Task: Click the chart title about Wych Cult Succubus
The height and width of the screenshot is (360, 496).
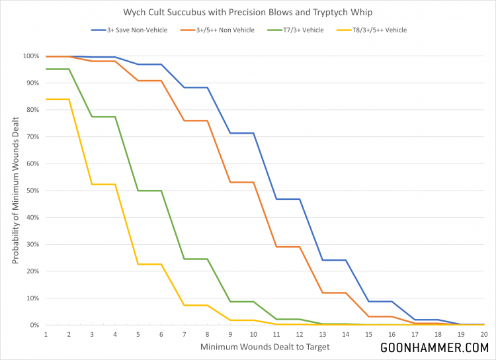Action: point(247,12)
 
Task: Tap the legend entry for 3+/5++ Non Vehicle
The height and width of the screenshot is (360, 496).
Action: point(228,30)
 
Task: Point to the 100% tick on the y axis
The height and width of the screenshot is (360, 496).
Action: point(31,56)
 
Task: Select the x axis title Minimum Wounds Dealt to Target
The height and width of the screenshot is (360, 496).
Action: point(265,346)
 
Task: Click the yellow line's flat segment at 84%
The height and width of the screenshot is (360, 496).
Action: point(57,99)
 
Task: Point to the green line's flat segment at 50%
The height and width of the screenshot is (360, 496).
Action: point(149,191)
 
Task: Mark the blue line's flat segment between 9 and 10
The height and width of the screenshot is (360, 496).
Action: point(241,133)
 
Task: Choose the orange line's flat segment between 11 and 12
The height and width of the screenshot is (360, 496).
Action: point(288,247)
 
